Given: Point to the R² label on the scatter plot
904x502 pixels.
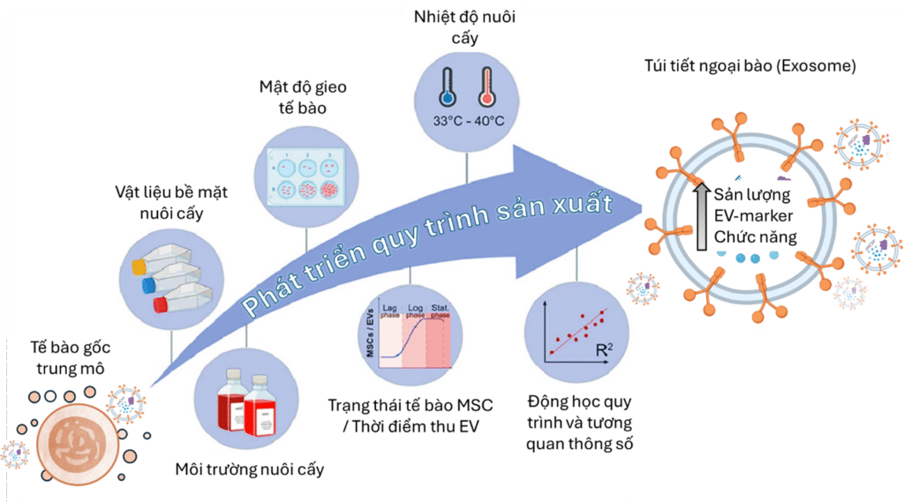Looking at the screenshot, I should click(x=604, y=350).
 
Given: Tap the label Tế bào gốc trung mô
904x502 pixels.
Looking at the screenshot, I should click(x=61, y=357).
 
